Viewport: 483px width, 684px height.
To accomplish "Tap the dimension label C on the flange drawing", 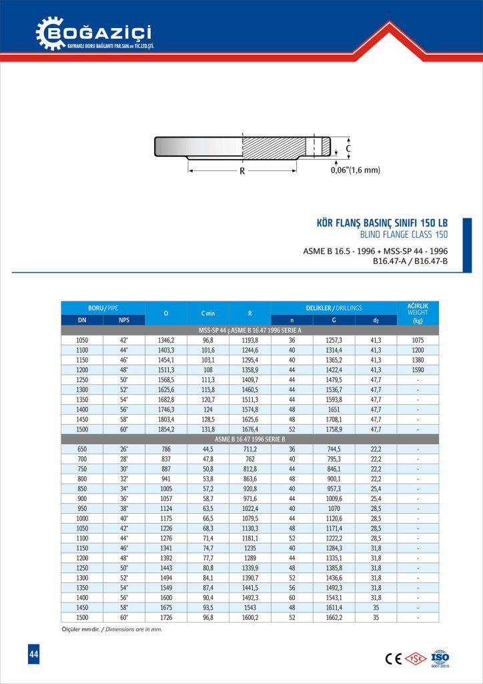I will point(348,148).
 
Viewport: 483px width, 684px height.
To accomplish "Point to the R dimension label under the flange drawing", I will point(241,171).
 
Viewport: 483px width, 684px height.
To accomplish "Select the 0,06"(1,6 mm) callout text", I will point(355,171).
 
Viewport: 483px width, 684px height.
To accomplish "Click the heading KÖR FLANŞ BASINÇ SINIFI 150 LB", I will point(381,222).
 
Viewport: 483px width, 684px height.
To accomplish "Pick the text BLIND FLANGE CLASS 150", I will point(403,234).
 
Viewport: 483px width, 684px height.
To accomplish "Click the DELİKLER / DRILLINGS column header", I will point(334,308).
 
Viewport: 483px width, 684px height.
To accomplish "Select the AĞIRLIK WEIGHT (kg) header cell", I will point(418,313).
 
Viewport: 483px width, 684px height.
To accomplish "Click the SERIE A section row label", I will point(250,330).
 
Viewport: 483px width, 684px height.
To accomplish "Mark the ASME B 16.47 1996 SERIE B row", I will point(250,439).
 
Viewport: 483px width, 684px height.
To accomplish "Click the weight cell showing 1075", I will point(418,340).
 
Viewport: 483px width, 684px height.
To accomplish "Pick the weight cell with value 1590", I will point(418,369).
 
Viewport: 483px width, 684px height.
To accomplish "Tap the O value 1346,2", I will point(165,340).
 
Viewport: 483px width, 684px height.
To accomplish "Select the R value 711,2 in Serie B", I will point(250,450).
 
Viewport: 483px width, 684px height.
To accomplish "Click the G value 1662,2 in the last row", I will point(334,618).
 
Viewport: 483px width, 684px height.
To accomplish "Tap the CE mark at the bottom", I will point(393,658).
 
